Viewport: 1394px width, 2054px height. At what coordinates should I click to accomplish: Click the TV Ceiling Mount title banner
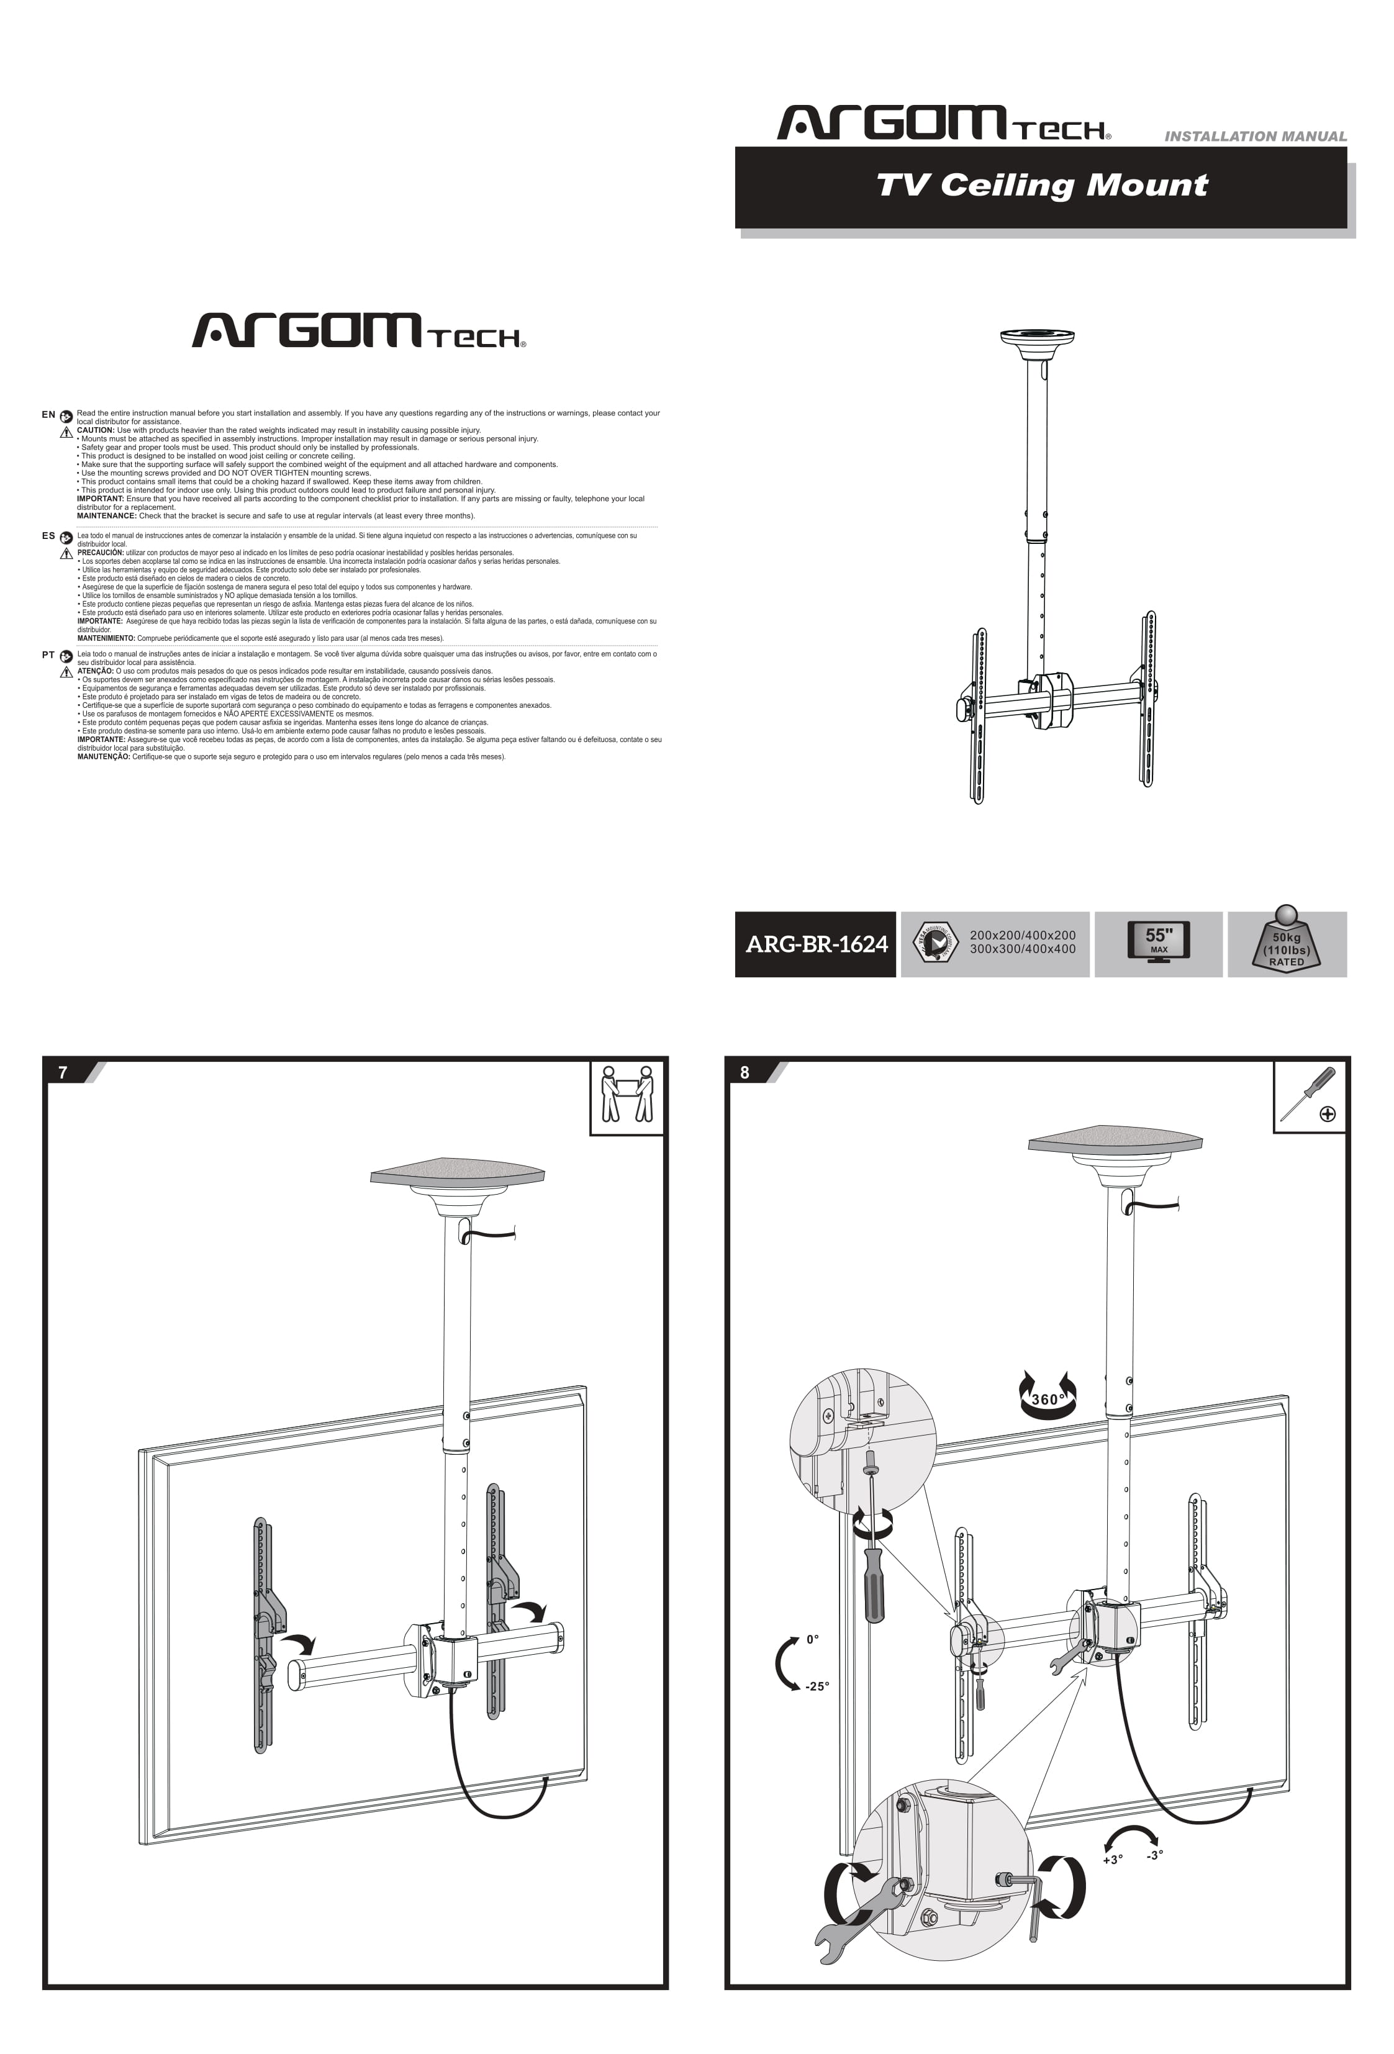1041,186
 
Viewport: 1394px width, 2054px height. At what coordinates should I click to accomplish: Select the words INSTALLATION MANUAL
1254,136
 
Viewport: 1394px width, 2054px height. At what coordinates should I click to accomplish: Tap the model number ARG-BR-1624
815,944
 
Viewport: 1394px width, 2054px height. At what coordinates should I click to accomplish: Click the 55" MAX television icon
1158,941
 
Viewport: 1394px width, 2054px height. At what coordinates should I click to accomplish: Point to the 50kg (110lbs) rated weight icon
1286,943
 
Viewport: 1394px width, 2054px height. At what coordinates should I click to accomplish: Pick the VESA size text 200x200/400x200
1022,935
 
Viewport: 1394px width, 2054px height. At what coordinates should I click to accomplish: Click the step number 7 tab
63,1072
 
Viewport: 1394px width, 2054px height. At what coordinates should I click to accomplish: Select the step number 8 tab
745,1072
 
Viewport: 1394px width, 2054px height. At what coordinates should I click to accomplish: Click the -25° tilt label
817,1686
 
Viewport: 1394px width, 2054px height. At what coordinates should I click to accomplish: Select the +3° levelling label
1112,1860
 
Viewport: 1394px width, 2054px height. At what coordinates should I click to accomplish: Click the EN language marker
48,415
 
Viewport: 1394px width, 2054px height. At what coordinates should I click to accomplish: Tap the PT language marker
48,655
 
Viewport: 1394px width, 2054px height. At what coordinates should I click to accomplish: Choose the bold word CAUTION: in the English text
96,430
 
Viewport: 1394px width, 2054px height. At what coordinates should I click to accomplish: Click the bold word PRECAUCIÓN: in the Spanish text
100,553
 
